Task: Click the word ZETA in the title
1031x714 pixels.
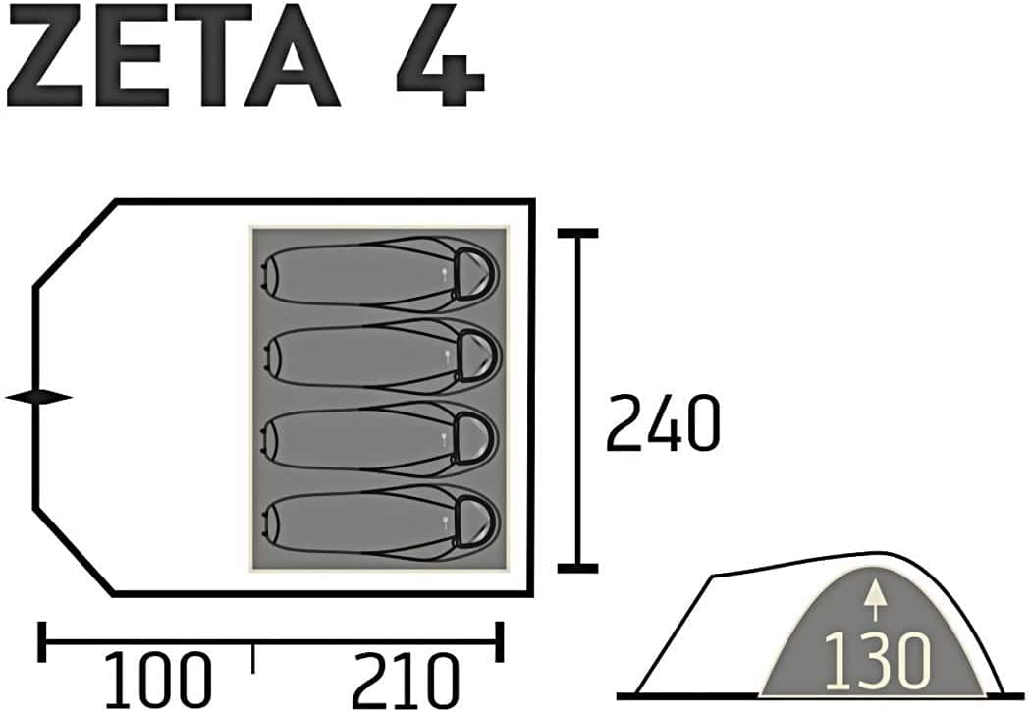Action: pyautogui.click(x=172, y=55)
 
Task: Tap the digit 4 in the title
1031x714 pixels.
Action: pyautogui.click(x=441, y=55)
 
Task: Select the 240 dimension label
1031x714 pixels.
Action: pyautogui.click(x=663, y=422)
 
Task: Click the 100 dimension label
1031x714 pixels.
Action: pyautogui.click(x=158, y=681)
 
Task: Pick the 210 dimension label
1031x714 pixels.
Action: pyautogui.click(x=405, y=681)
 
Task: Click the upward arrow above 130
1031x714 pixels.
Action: pyautogui.click(x=874, y=599)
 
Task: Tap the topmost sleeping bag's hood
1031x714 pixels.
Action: pyautogui.click(x=474, y=274)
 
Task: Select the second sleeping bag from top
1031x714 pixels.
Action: pyautogui.click(x=380, y=357)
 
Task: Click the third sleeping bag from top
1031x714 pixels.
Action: pyautogui.click(x=380, y=439)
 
